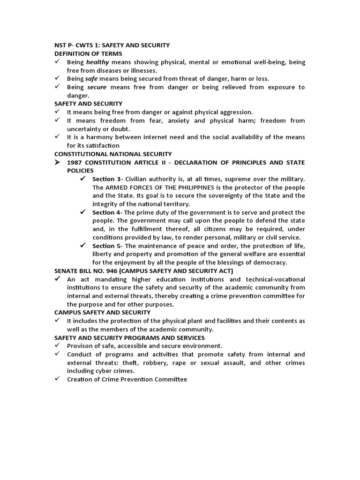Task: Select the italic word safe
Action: [91, 79]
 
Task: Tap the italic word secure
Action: [97, 87]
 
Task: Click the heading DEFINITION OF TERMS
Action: [89, 53]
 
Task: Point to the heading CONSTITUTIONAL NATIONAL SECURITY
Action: [113, 154]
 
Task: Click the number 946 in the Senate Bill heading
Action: [112, 271]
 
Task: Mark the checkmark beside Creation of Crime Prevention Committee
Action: [57, 379]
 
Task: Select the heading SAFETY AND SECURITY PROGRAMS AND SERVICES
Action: [129, 337]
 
